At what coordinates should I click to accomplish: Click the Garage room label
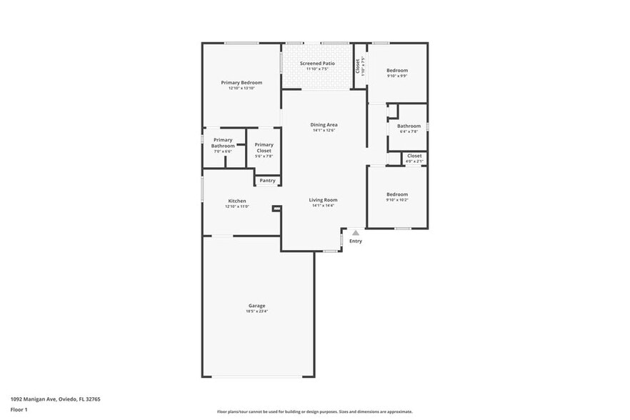pos(257,306)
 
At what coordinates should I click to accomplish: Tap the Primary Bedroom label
pos(241,83)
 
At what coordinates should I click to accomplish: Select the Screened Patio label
pos(317,63)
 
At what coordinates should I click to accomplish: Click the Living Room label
pos(323,199)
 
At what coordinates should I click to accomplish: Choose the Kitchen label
pos(237,201)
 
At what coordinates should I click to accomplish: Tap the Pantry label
pos(267,181)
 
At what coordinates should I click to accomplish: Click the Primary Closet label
pos(264,145)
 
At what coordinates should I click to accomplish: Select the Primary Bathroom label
pos(223,143)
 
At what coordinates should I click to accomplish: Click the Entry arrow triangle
pos(355,233)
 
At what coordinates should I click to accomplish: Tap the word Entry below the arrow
pos(355,241)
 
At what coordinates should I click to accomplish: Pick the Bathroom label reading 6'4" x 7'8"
pos(409,126)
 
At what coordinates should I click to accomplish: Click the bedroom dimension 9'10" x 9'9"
pos(397,76)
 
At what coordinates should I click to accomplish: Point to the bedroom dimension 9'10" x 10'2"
pos(397,200)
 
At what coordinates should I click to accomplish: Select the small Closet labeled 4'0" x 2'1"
pos(414,156)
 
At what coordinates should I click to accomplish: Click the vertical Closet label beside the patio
pos(358,65)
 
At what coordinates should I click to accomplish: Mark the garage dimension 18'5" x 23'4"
pos(257,311)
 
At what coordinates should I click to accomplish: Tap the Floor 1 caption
pos(19,410)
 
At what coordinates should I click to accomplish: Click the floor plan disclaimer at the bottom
pos(315,412)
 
